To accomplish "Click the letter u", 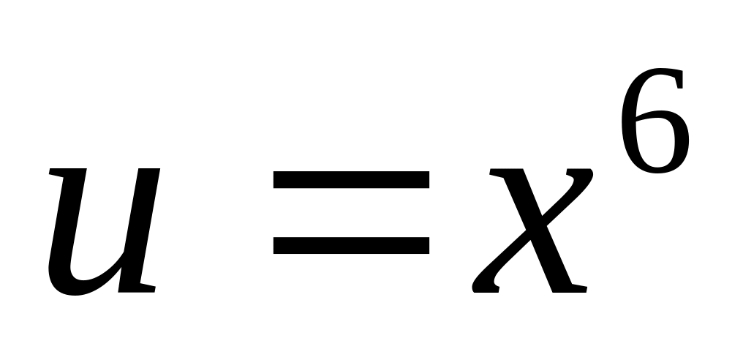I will click(x=102, y=230).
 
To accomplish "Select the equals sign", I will click(x=351, y=212).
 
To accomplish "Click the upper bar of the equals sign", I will click(x=351, y=179).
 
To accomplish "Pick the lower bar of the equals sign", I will click(x=351, y=246).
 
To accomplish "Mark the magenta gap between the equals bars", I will click(x=351, y=212).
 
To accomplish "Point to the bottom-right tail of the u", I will click(x=146, y=288).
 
